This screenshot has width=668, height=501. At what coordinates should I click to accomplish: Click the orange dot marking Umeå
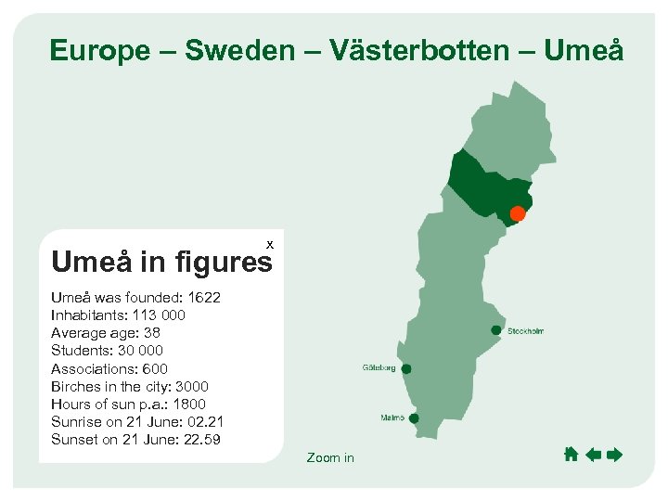coord(518,214)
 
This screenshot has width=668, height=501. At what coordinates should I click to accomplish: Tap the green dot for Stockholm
coord(496,330)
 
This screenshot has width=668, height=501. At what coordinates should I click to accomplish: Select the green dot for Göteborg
coord(406,368)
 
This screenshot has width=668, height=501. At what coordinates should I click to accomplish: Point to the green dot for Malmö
coord(414,418)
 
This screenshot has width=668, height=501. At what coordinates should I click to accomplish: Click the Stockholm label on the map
coord(525,331)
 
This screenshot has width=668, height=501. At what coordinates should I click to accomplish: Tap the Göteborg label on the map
coord(379,368)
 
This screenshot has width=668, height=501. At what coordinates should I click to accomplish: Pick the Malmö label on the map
coord(392,418)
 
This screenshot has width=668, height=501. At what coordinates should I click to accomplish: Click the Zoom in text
coord(330,457)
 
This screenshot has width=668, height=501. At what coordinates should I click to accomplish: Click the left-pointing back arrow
coord(594,455)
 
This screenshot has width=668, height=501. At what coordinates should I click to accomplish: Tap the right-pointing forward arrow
coord(614,455)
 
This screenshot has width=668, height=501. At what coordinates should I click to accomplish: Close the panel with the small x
coord(270,243)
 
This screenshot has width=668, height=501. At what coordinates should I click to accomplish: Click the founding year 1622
coord(204,298)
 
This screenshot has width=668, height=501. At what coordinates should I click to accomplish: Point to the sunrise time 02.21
coord(204,421)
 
